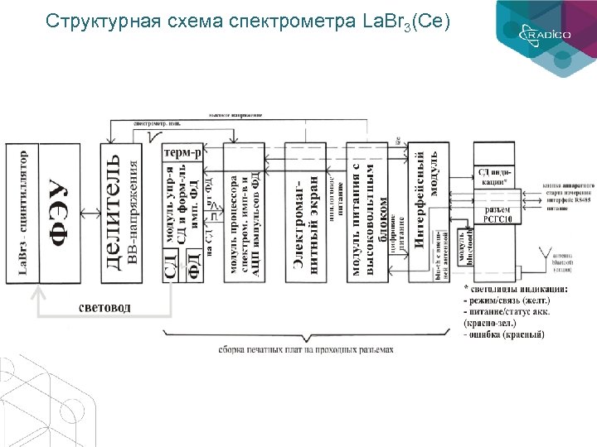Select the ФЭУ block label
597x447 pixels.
pyautogui.click(x=57, y=215)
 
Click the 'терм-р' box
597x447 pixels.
pyautogui.click(x=182, y=153)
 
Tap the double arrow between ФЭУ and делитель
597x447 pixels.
pyautogui.click(x=90, y=214)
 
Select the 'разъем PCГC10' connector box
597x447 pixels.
pyautogui.click(x=496, y=214)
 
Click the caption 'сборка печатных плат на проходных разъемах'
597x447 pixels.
pyautogui.click(x=306, y=350)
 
